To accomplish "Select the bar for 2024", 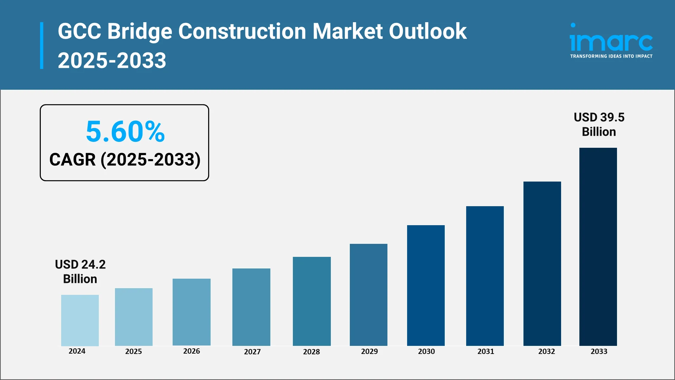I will (80, 320).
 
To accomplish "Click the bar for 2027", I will (251, 307).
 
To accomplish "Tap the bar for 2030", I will (426, 285).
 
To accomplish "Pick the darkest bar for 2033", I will (598, 246).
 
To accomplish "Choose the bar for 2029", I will (368, 294).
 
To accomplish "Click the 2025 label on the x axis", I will (134, 351).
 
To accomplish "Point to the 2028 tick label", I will (311, 351).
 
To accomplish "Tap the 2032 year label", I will (546, 351).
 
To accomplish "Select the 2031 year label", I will (486, 351).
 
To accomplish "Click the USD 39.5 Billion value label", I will (599, 124).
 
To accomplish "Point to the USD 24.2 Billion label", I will (80, 271).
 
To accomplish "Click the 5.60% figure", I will (125, 132).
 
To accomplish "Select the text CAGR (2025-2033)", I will (125, 159).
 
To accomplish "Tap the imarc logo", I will (611, 39).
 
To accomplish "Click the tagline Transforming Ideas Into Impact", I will (611, 56).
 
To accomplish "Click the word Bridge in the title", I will (140, 31).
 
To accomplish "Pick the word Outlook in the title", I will (427, 31).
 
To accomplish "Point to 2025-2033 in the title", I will (112, 60).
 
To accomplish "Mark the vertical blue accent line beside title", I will (42, 45).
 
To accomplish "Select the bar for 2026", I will (191, 312).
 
